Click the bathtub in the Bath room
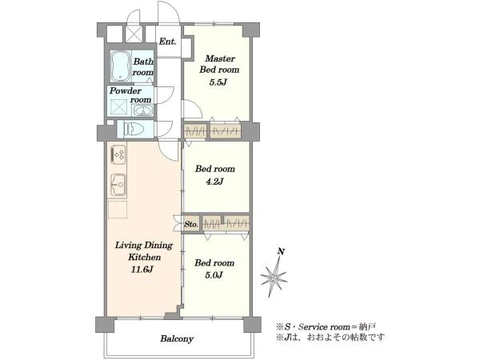(x=120, y=66)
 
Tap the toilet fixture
(x=134, y=129)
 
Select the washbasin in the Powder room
(x=142, y=110)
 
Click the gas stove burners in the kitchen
(x=118, y=154)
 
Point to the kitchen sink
(x=118, y=185)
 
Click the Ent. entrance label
(x=167, y=42)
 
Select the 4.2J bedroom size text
(x=214, y=182)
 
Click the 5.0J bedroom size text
(x=214, y=275)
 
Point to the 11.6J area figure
(x=142, y=270)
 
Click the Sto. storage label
(x=191, y=224)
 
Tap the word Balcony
(x=177, y=339)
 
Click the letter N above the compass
(x=281, y=252)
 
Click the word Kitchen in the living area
(x=144, y=257)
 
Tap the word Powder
(x=126, y=91)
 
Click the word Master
(x=220, y=58)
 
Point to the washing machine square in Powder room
(x=118, y=107)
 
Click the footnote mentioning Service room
(x=326, y=326)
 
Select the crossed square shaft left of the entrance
(x=134, y=34)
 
